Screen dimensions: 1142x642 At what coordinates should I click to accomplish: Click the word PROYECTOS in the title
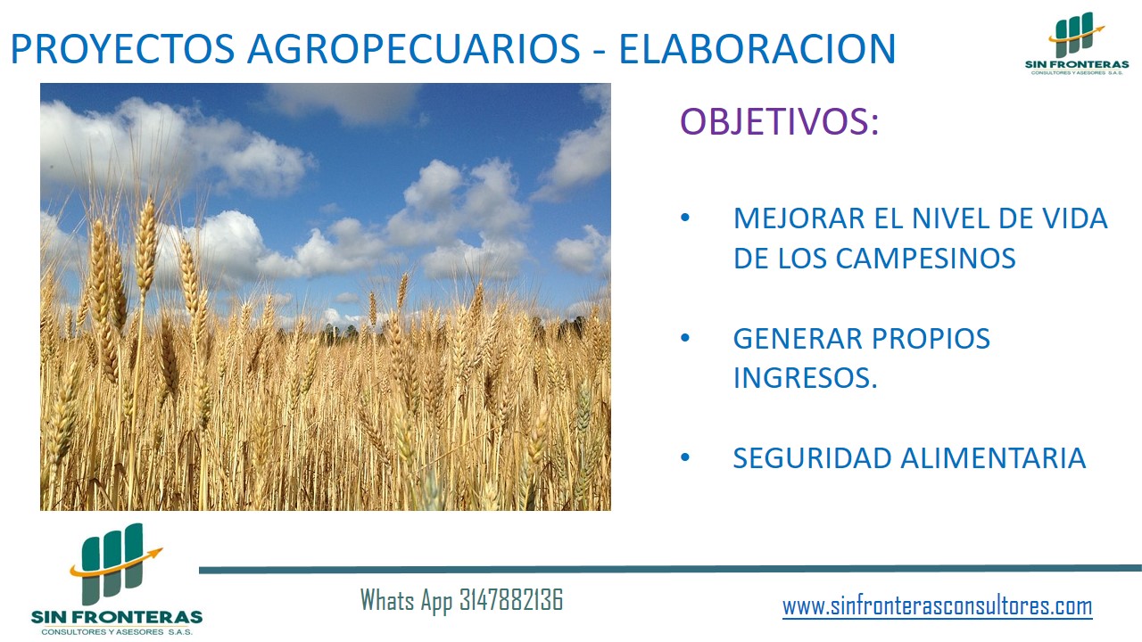pyautogui.click(x=122, y=49)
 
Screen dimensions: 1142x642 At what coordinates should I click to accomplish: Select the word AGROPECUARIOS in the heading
pyautogui.click(x=413, y=49)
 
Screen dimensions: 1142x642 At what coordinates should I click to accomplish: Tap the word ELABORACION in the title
pyautogui.click(x=757, y=49)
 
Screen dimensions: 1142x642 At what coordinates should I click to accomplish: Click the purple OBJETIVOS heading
pyautogui.click(x=780, y=121)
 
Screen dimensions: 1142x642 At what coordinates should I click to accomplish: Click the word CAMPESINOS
pyautogui.click(x=925, y=259)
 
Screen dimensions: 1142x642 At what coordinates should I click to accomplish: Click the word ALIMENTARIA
pyautogui.click(x=994, y=458)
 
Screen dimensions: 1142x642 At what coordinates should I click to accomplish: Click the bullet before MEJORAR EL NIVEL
pyautogui.click(x=685, y=218)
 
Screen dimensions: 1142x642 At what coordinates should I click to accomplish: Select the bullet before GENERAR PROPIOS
pyautogui.click(x=685, y=338)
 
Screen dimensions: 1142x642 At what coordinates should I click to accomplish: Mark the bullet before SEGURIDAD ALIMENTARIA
pyautogui.click(x=685, y=457)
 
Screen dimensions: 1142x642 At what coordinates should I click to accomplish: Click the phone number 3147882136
pyautogui.click(x=511, y=600)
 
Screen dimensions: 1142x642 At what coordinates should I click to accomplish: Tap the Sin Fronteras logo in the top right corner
pyautogui.click(x=1077, y=43)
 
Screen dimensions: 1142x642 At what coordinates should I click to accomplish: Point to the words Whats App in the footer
pyautogui.click(x=406, y=601)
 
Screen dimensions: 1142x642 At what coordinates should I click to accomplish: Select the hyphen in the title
pyautogui.click(x=600, y=51)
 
